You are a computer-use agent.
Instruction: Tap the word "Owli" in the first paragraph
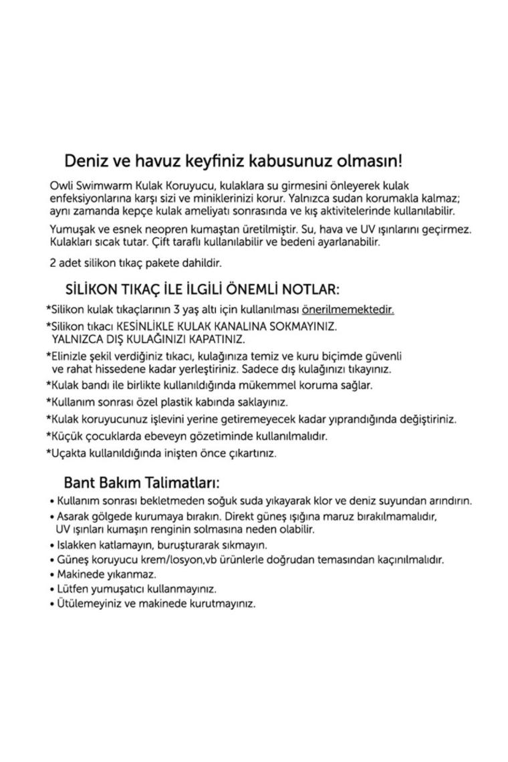[61, 184]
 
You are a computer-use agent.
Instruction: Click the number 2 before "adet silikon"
[53, 263]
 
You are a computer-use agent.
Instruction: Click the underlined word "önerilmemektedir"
[348, 310]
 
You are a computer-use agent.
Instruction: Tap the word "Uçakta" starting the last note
[68, 453]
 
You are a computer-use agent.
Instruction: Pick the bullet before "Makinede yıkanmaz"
[52, 575]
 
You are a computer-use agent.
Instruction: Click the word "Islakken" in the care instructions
[77, 545]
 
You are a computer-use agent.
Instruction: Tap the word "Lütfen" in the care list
[72, 590]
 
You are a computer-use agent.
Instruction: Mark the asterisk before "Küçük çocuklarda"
[49, 436]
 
